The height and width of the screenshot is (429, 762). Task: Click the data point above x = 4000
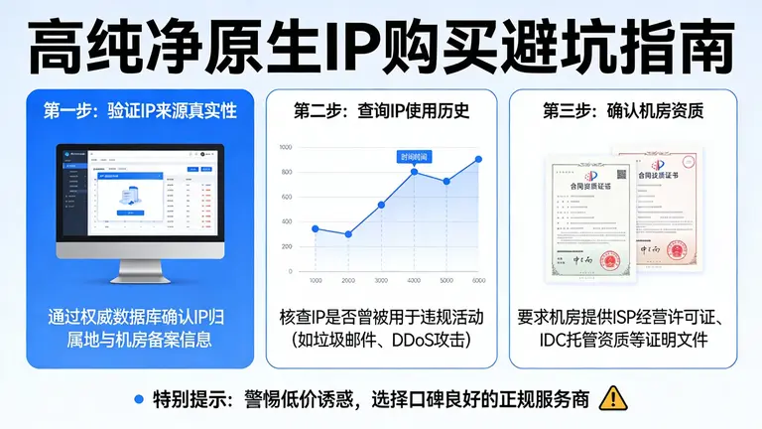414,171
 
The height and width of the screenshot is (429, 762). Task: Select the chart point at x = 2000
348,234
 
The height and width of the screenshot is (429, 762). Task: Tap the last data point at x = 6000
478,159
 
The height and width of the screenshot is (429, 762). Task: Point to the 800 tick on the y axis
286,172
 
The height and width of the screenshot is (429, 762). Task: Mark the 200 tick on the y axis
286,247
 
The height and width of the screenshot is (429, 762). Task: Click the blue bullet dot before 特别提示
138,399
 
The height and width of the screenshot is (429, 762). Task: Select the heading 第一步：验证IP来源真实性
140,111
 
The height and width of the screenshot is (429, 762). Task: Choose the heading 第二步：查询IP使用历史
381,111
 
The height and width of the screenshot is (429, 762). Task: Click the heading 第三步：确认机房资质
622,111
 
